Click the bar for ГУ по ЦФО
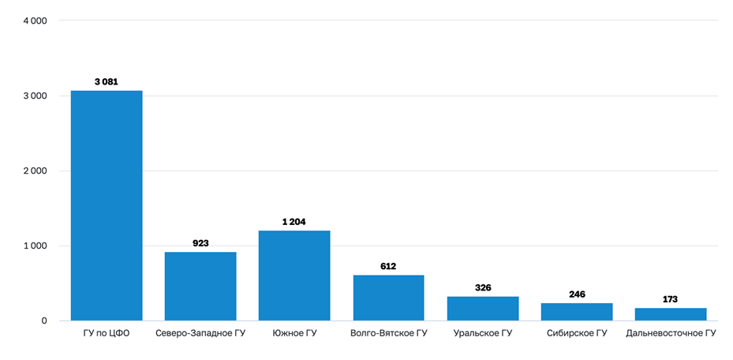click(107, 205)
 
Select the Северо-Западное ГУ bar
click(200, 286)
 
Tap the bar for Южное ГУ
click(294, 276)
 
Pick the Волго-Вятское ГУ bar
click(388, 298)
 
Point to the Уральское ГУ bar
click(483, 309)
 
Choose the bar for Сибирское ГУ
click(577, 312)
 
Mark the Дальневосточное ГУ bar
click(671, 314)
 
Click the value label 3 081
click(107, 81)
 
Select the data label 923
click(200, 243)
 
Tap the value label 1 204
click(294, 222)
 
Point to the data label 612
click(388, 266)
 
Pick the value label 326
click(483, 287)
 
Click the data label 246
click(577, 294)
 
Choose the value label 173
click(671, 299)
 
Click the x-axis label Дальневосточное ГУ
click(671, 334)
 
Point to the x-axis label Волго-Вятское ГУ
click(388, 334)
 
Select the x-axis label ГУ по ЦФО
click(107, 334)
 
